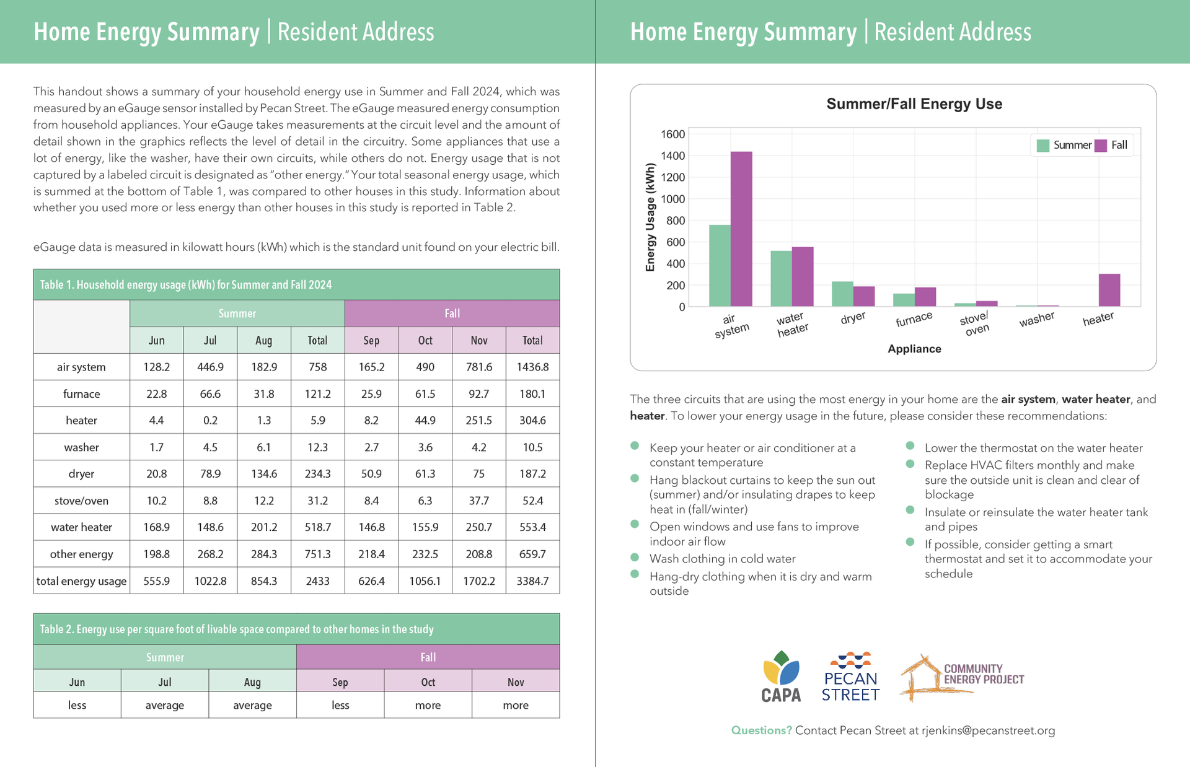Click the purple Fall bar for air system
coord(741,229)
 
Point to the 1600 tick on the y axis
coord(673,134)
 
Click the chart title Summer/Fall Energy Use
coord(914,104)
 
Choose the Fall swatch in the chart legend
coord(1101,146)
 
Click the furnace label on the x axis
coord(914,320)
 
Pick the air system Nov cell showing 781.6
coord(479,367)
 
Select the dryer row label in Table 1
coord(81,474)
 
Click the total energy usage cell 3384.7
coord(532,581)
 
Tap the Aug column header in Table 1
coord(263,340)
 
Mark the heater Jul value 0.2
coord(210,421)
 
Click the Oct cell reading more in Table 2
coord(428,705)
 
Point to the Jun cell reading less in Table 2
coord(77,705)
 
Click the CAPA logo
coord(781,677)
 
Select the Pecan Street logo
coord(850,677)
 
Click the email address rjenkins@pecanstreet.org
coord(988,730)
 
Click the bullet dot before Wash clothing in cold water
coord(635,557)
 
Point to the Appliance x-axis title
coord(914,349)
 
